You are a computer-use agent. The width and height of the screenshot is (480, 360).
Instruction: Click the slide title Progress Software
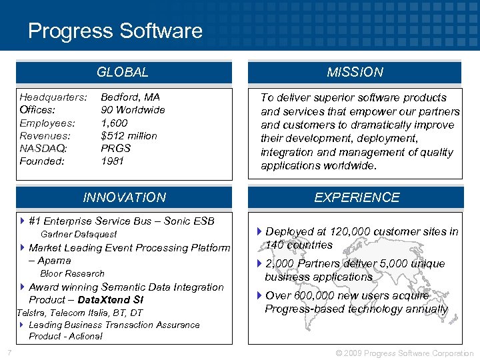[115, 31]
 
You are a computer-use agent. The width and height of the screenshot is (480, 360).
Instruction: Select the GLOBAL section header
[123, 72]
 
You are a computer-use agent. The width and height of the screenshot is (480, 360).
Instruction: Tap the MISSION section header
[355, 72]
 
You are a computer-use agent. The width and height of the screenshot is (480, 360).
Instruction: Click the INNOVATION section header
[124, 197]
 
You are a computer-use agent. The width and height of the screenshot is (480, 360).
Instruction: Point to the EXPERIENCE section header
[357, 197]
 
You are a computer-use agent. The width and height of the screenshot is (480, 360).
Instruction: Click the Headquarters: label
[53, 97]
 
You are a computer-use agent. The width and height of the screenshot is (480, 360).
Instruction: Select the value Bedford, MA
[131, 97]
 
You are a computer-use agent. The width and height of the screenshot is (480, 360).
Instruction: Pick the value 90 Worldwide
[133, 110]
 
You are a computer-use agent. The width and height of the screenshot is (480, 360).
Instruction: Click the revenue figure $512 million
[129, 135]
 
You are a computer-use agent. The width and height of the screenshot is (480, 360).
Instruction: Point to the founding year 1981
[112, 161]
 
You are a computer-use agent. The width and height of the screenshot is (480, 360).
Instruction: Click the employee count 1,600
[114, 123]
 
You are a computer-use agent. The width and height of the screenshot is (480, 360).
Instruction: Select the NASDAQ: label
[43, 148]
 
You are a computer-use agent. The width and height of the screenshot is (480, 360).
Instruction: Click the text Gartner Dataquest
[79, 234]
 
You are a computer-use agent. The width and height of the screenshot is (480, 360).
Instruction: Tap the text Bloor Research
[73, 273]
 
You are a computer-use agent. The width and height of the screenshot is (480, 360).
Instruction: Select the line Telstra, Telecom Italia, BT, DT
[79, 313]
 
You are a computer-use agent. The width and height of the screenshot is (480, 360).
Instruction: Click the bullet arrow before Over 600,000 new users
[259, 296]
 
